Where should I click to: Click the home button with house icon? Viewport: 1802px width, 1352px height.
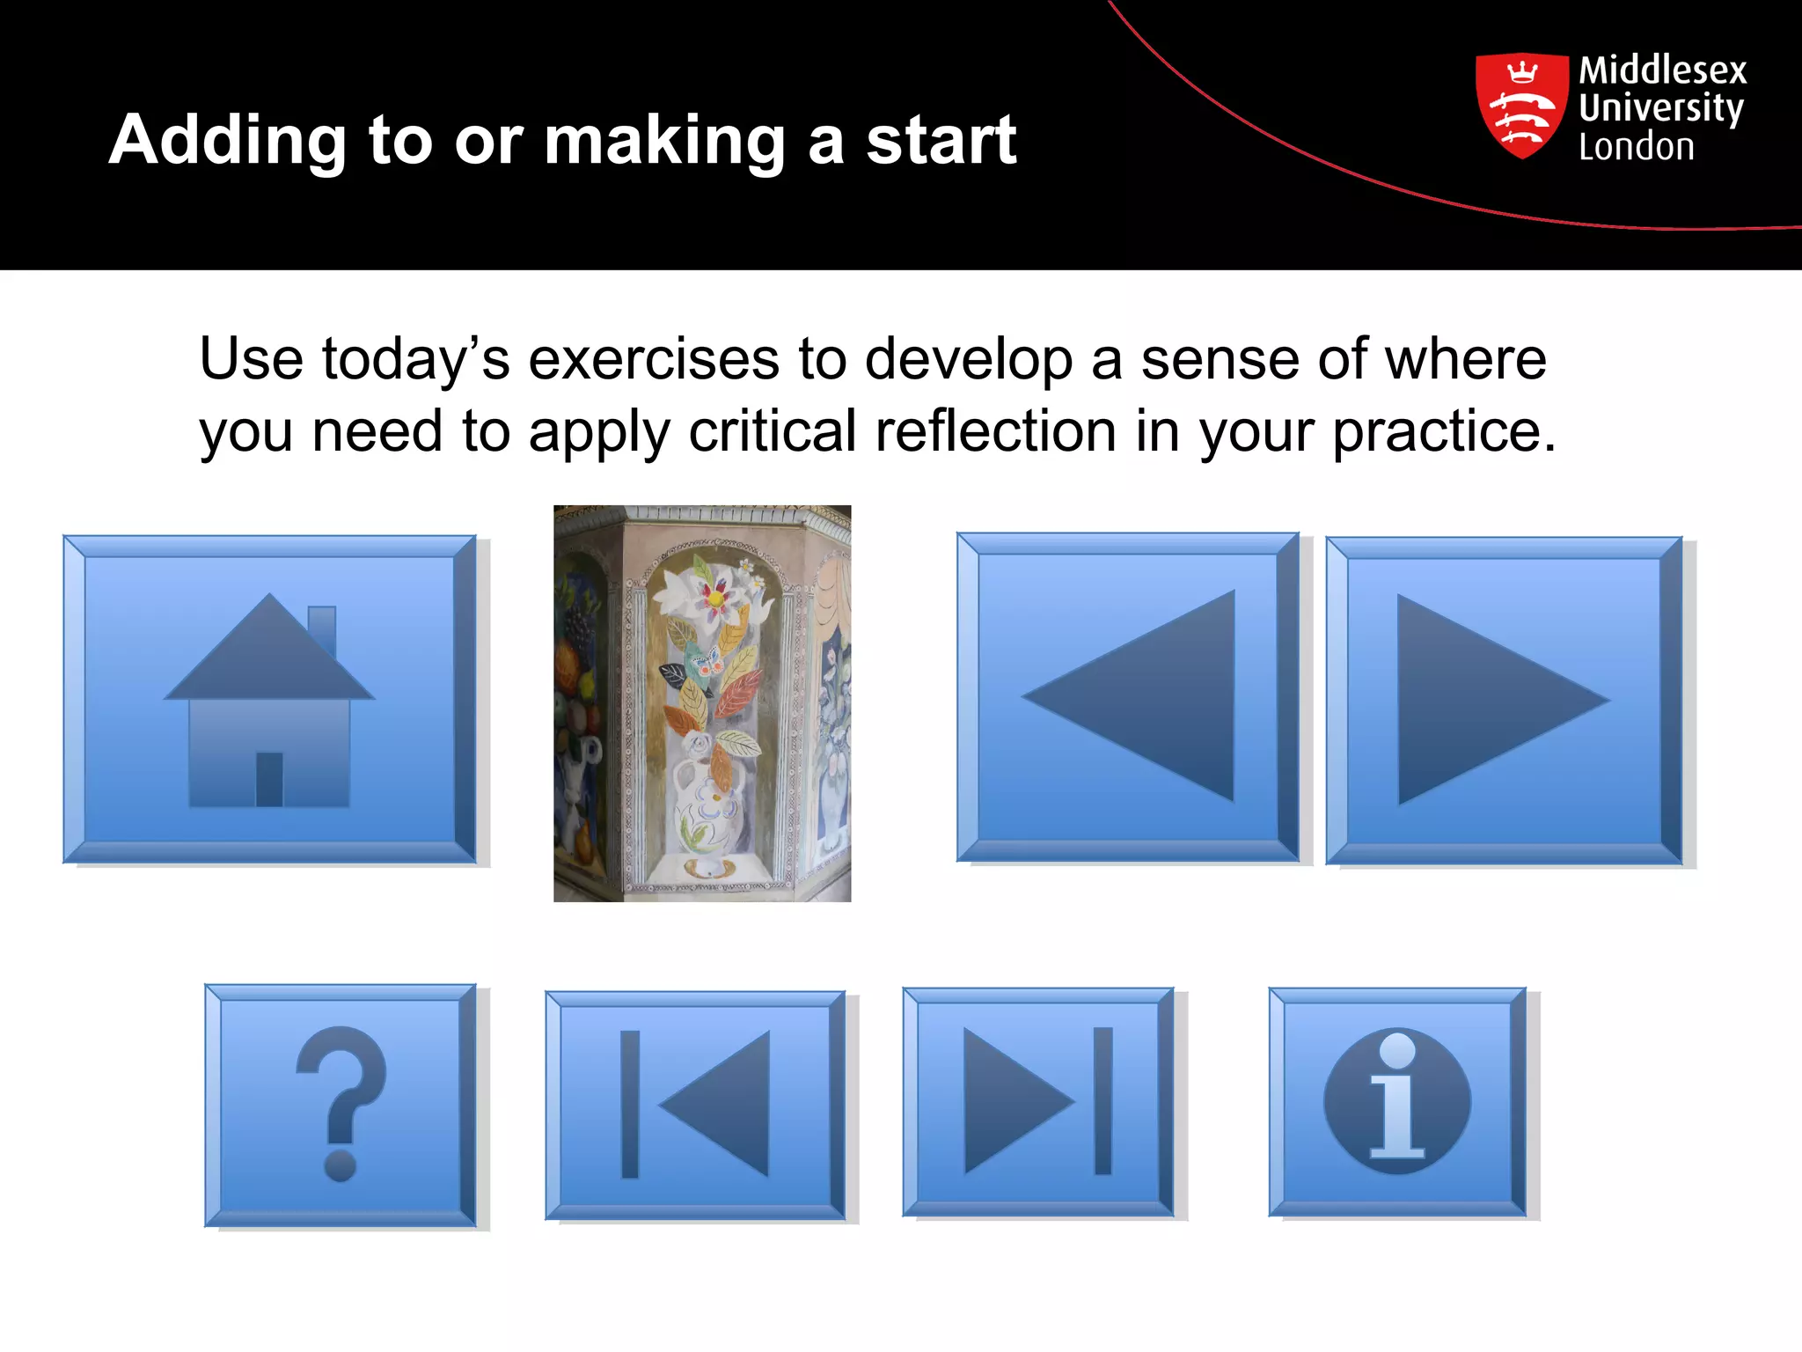[x=269, y=700]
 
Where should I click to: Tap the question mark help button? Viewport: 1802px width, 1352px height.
[x=341, y=1106]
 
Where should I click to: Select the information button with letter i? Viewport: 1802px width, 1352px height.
[x=1397, y=1102]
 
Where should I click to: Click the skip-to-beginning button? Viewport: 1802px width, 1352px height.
[x=695, y=1105]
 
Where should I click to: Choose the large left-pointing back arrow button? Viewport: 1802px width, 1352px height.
[x=1127, y=696]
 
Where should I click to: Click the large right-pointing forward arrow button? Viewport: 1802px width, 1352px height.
[x=1504, y=701]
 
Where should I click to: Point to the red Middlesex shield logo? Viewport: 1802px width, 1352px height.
[x=1521, y=106]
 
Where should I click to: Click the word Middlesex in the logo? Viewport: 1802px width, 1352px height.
[x=1662, y=70]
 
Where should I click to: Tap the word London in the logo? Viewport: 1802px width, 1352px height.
[x=1636, y=147]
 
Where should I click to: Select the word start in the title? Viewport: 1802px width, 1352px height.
[x=941, y=141]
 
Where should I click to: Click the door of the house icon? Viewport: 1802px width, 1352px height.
[x=269, y=779]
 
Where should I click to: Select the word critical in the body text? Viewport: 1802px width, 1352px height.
[x=772, y=431]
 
